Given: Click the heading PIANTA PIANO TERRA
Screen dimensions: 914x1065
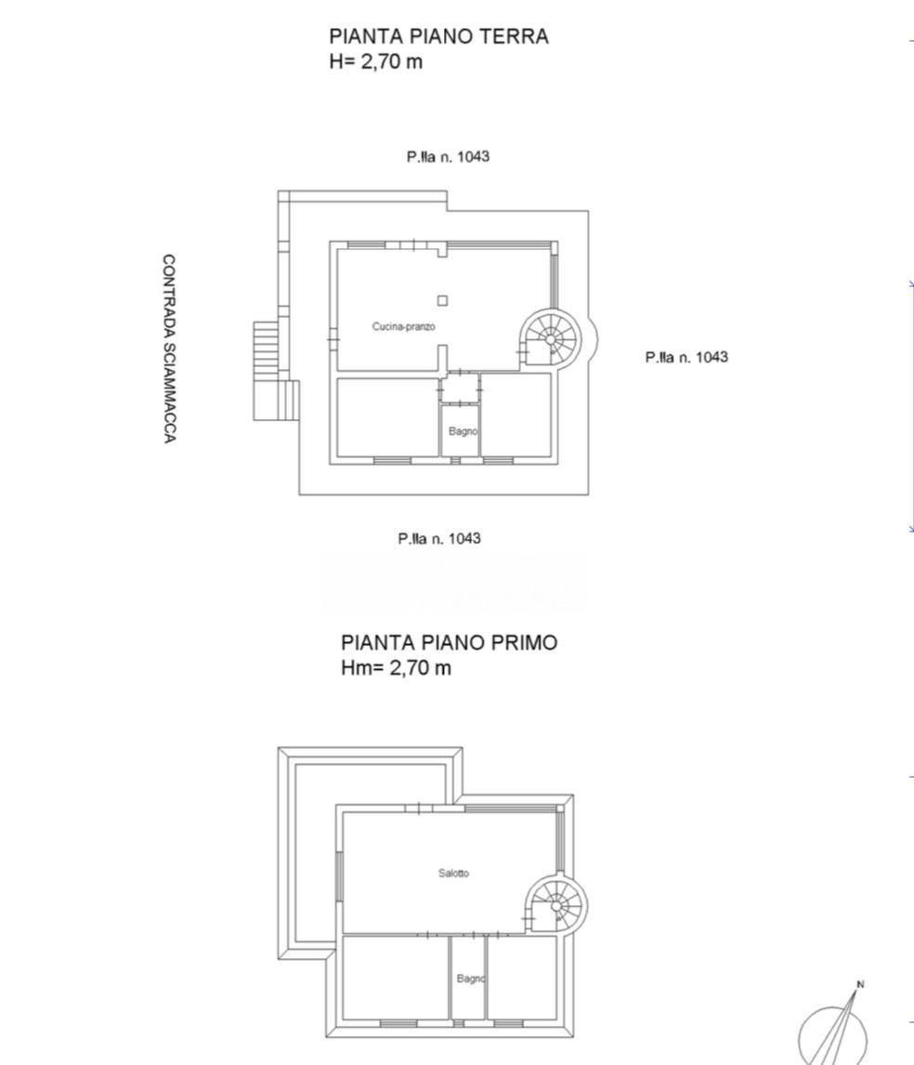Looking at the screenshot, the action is [438, 36].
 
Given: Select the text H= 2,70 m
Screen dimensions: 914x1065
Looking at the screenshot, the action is [375, 61].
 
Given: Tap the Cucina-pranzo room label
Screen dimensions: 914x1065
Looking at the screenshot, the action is [403, 327].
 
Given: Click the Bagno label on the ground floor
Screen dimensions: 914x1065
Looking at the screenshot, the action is [464, 431].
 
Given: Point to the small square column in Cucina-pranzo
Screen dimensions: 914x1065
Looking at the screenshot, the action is [442, 300].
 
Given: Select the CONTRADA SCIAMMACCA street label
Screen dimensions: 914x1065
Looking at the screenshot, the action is [169, 349].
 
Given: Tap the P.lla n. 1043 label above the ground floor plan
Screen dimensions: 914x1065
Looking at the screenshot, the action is [448, 157].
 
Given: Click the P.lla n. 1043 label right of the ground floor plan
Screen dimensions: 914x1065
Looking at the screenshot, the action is [686, 357].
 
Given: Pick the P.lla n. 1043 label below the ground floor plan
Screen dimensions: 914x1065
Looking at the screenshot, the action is [439, 539].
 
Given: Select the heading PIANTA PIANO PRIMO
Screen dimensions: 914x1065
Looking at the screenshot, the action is [449, 642].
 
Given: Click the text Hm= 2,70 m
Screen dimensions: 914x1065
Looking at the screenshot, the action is [396, 667].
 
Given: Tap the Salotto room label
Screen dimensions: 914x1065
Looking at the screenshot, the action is [453, 874].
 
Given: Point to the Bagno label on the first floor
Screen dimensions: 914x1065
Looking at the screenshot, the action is [471, 979].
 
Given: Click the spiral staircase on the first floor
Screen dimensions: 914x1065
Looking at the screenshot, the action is [556, 905].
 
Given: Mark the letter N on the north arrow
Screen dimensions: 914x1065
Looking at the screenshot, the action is [860, 984].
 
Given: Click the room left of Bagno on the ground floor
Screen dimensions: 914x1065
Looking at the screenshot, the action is [387, 417].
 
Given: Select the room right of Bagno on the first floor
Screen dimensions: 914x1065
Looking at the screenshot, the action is [522, 978].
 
